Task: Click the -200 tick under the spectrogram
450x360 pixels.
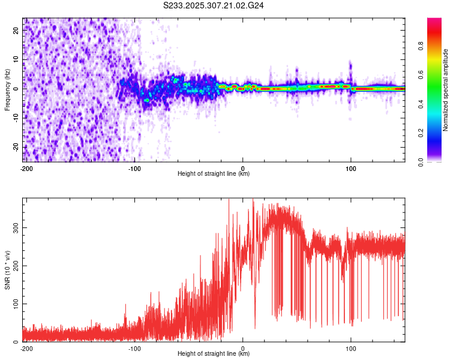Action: click(x=26, y=168)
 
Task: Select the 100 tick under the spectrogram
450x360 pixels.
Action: click(x=351, y=168)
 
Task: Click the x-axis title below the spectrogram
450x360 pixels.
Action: click(x=214, y=174)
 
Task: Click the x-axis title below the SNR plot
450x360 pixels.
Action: click(x=214, y=354)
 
